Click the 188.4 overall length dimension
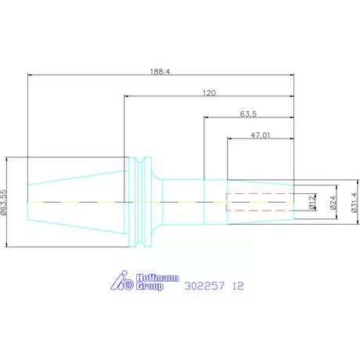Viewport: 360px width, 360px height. click(160, 71)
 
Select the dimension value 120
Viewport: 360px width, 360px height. click(209, 93)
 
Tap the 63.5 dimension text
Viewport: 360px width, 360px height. click(248, 114)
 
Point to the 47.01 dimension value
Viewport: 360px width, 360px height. click(261, 135)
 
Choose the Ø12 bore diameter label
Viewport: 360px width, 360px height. click(312, 203)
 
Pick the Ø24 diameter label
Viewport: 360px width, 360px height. click(333, 203)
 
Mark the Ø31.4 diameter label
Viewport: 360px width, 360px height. click(355, 203)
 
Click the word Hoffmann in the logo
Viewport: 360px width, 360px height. click(157, 278)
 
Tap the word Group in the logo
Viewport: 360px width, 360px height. click(149, 286)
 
